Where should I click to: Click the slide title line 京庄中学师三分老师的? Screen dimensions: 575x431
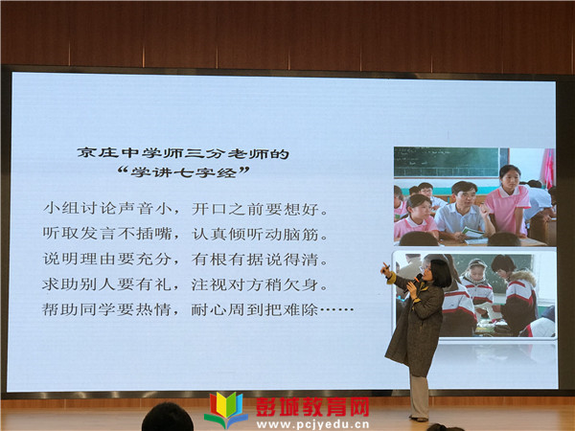183,153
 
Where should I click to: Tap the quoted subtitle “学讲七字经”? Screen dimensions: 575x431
184,171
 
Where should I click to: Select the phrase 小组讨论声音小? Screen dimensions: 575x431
108,209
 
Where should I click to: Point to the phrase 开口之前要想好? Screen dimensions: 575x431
255,209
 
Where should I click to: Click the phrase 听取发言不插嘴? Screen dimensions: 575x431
107,234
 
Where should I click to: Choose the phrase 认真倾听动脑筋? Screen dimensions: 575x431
255,234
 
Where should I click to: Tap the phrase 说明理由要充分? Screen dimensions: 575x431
107,260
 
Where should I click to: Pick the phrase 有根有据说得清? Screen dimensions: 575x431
255,260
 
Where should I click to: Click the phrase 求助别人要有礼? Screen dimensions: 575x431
107,284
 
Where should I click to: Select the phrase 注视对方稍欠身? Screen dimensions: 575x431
255,284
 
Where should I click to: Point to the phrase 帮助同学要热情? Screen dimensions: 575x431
106,309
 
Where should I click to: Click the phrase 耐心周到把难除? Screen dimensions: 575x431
255,310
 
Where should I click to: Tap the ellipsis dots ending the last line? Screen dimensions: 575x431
337,310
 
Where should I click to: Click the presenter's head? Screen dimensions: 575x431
438,273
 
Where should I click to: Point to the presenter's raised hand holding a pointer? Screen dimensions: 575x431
386,269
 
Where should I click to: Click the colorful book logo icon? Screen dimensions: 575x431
226,409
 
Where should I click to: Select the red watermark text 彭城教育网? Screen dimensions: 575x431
312,406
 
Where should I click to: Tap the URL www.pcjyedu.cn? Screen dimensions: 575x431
312,424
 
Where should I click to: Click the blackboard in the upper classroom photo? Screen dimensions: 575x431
447,162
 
